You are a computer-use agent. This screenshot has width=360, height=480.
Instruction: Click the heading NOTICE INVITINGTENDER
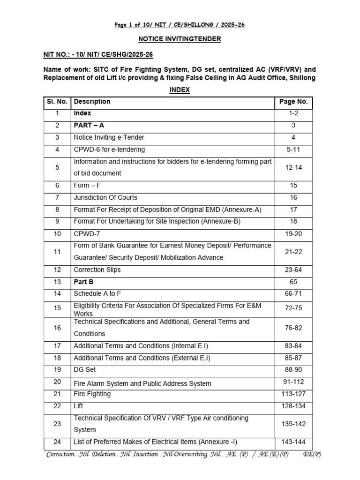pyautogui.click(x=180, y=39)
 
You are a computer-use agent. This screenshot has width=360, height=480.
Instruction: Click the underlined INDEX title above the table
pyautogui.click(x=180, y=90)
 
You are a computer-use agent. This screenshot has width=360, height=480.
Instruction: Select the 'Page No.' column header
pyautogui.click(x=293, y=102)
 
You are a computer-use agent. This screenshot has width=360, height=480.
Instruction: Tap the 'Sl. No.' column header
pyautogui.click(x=57, y=102)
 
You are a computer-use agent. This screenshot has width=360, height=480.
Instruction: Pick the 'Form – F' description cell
pyautogui.click(x=87, y=185)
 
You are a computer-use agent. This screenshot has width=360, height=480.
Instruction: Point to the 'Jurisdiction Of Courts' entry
pyautogui.click(x=105, y=197)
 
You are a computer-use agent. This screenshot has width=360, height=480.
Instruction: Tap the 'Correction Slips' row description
pyautogui.click(x=97, y=270)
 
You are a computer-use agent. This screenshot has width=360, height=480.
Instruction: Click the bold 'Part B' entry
pyautogui.click(x=83, y=282)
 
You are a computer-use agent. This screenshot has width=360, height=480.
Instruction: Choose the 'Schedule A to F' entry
pyautogui.click(x=97, y=294)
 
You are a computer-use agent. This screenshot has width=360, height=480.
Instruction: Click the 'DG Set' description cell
pyautogui.click(x=85, y=370)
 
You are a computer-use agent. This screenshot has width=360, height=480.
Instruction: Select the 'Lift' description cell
pyautogui.click(x=78, y=406)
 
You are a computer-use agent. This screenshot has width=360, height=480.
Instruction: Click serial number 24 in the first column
pyautogui.click(x=57, y=442)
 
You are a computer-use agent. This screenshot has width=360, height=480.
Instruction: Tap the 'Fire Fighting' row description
pyautogui.click(x=92, y=394)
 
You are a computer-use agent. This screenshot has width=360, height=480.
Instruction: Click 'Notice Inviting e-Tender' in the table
pyautogui.click(x=109, y=137)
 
